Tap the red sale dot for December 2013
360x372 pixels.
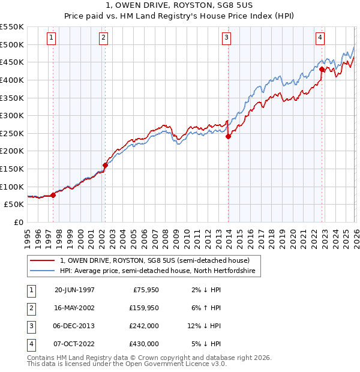[x=228, y=136]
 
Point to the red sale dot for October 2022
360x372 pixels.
[x=322, y=69]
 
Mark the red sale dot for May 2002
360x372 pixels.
[x=105, y=165]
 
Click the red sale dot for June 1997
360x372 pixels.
[x=53, y=195]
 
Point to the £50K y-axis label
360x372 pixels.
[x=14, y=204]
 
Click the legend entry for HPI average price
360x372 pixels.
[x=157, y=271]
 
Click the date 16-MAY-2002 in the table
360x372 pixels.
[x=74, y=308]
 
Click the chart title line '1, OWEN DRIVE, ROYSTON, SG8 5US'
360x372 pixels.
[x=180, y=8]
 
